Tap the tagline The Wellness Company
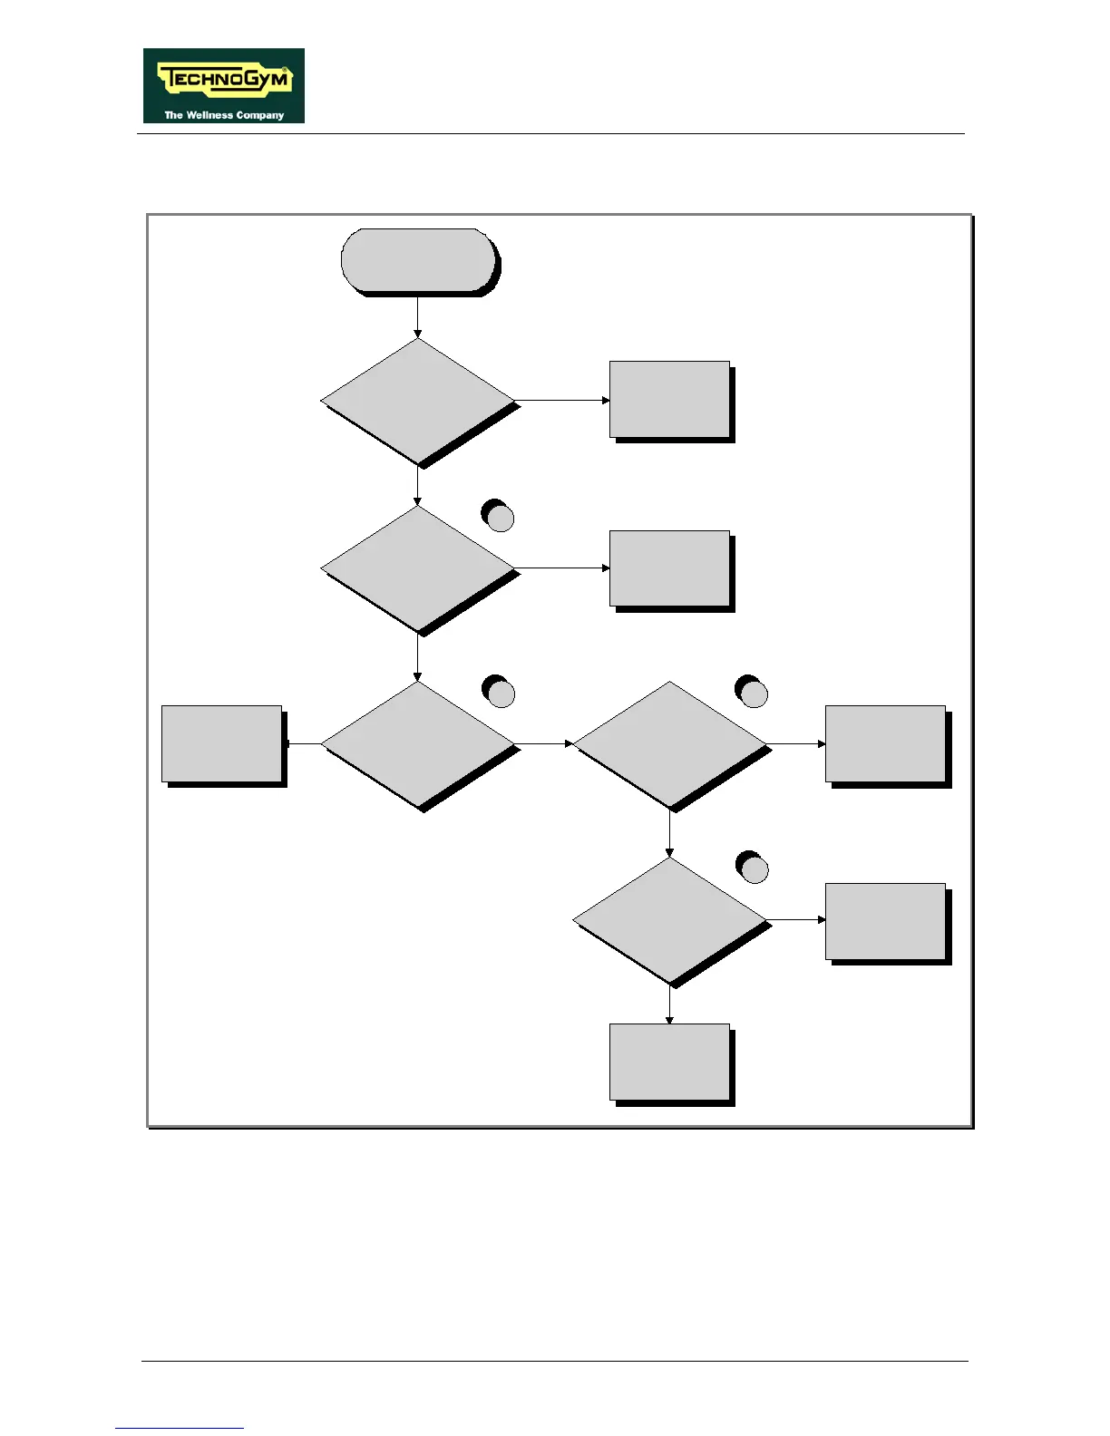[224, 115]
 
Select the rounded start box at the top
[418, 260]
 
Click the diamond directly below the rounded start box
[418, 401]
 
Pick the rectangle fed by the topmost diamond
[669, 400]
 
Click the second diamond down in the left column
[418, 568]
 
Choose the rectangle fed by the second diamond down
[669, 568]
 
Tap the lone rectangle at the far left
[222, 743]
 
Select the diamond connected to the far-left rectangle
[418, 744]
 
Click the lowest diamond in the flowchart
[670, 920]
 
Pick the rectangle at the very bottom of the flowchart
[669, 1062]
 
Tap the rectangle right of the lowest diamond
[885, 921]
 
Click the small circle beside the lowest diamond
[753, 868]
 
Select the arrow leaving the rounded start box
[418, 317]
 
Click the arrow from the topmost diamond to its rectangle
[562, 400]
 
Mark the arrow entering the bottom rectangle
[670, 1005]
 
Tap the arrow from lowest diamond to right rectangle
[796, 919]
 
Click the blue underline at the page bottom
[180, 1428]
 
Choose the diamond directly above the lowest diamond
[670, 744]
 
